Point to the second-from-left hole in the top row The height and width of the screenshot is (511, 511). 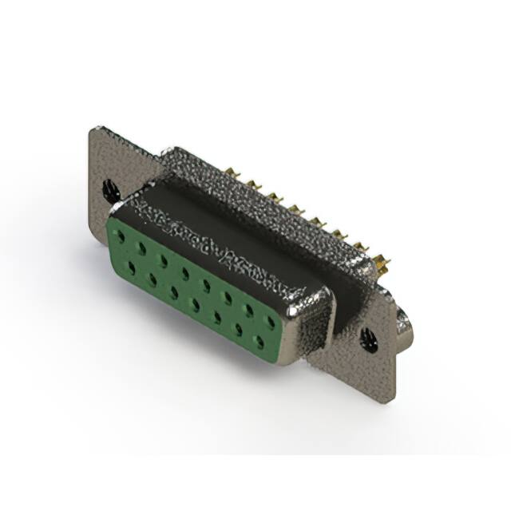pos(141,249)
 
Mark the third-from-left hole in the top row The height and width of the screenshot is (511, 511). pos(163,261)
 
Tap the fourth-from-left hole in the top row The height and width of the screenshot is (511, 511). pos(184,273)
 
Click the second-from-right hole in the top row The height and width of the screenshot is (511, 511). pos(249,309)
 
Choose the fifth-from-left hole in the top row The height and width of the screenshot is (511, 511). pos(206,285)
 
